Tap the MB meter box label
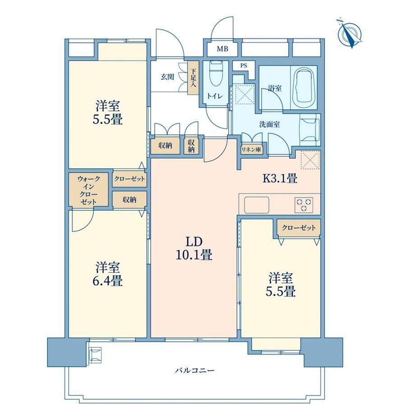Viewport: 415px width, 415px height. click(x=222, y=49)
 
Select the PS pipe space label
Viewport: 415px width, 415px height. click(x=244, y=65)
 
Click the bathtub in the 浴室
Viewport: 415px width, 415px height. click(x=304, y=88)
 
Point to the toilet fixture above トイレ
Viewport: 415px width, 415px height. click(x=215, y=74)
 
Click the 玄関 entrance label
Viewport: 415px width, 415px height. click(x=167, y=77)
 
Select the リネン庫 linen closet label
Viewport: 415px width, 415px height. click(x=251, y=150)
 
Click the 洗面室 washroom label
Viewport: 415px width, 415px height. click(x=269, y=124)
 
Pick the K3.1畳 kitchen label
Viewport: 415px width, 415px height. click(x=280, y=178)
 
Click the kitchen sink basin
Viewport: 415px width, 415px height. click(x=257, y=205)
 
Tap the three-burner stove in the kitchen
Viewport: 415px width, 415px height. click(x=304, y=205)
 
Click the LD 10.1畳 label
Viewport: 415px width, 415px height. click(x=194, y=248)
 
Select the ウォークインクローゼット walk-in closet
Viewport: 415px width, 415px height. click(x=88, y=189)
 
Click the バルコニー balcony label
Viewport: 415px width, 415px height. click(x=194, y=370)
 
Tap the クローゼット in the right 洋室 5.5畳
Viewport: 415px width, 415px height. click(x=299, y=228)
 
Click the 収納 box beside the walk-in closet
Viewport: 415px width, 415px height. click(x=129, y=200)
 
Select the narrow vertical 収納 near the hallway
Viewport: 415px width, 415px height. click(x=191, y=146)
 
